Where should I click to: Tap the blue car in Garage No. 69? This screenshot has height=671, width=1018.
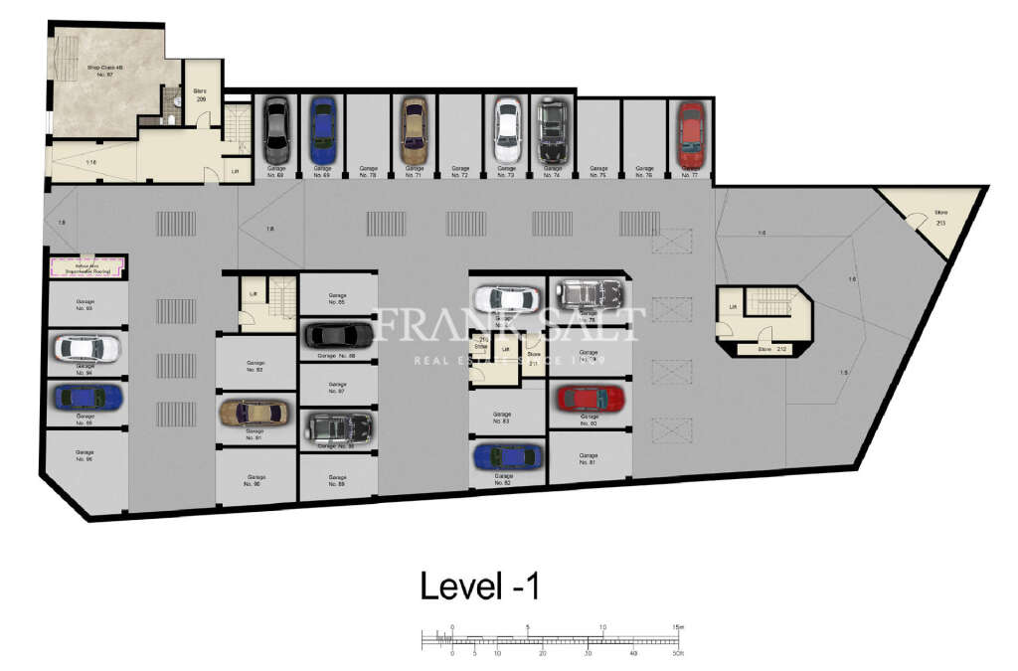pos(321,130)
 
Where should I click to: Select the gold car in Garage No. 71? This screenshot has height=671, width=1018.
pos(413,130)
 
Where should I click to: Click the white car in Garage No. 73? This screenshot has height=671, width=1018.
pos(507,130)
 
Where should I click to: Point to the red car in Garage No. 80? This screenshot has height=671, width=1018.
pos(591,399)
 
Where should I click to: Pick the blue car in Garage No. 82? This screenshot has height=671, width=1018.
pos(508,456)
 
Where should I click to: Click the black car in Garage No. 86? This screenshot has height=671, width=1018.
pos(337,335)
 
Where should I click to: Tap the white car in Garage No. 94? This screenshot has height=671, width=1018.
pos(86,348)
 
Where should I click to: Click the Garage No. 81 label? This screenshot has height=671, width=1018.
pos(588,459)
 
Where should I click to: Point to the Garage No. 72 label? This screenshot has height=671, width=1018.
pos(459,171)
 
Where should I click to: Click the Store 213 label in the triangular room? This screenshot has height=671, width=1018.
pos(939,218)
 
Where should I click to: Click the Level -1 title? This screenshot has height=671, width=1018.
pos(479,586)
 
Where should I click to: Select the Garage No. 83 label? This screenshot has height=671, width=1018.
pos(502,418)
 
